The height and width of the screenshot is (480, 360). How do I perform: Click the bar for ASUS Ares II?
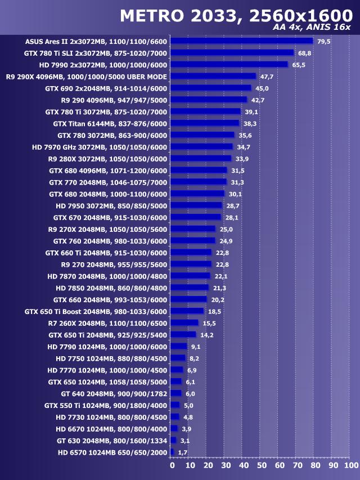[x=241, y=41]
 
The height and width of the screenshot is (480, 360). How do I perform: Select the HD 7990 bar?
[x=229, y=65]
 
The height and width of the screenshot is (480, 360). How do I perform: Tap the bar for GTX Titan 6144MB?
[x=205, y=123]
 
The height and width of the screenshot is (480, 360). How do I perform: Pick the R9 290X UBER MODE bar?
[x=213, y=77]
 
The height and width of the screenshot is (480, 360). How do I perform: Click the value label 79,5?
[x=323, y=41]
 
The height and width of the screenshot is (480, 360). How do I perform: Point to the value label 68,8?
[x=305, y=53]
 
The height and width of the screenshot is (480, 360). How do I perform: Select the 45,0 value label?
[x=262, y=88]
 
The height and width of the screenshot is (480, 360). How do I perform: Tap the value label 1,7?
[x=182, y=452]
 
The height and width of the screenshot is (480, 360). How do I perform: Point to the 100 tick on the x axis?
[x=350, y=465]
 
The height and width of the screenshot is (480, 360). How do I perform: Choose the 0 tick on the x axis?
[x=172, y=465]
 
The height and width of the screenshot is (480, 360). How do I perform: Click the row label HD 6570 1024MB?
[x=112, y=452]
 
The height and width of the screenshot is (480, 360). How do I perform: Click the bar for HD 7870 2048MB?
[x=190, y=276]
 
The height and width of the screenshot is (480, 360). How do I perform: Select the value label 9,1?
[x=196, y=347]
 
